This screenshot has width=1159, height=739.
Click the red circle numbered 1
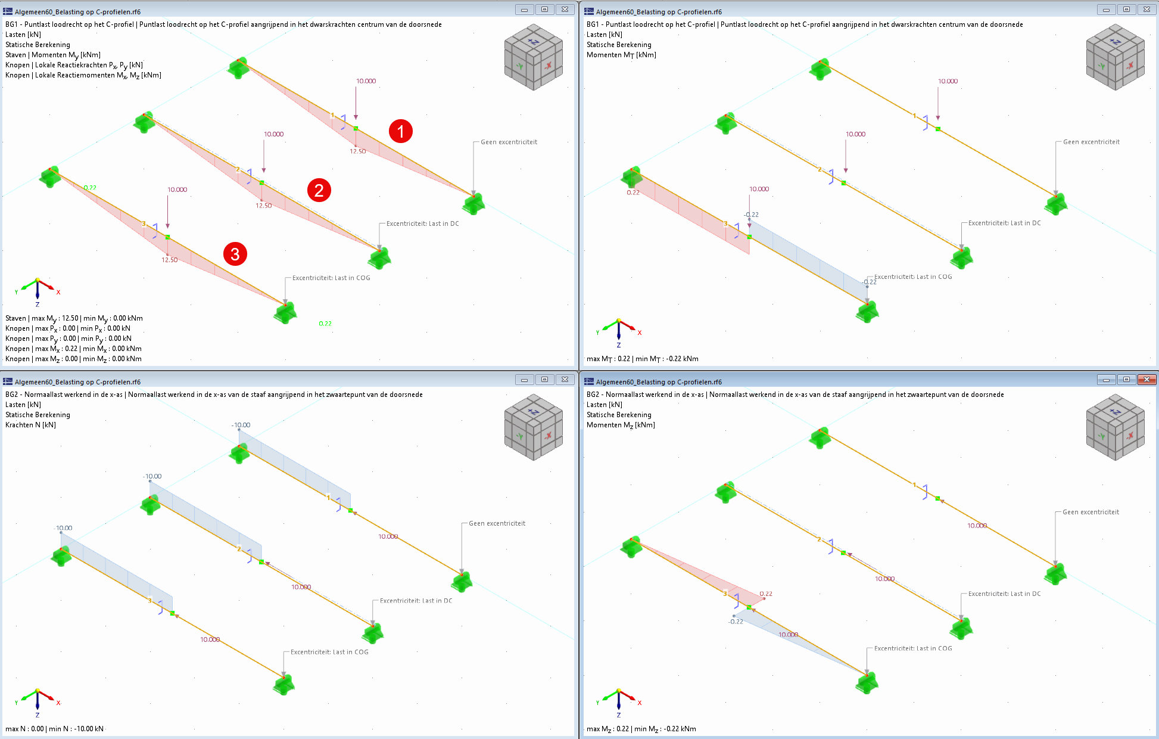401,131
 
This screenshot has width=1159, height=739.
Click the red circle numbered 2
319,190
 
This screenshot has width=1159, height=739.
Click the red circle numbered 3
235,254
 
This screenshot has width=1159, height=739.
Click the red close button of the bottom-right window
1146,380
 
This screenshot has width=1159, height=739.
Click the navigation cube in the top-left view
533,57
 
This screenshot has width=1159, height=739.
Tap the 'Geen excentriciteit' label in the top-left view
509,142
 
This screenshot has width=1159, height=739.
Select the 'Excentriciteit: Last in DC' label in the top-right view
1004,223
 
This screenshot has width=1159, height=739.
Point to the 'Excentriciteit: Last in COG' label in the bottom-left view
329,652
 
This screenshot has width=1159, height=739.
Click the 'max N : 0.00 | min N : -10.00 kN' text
55,729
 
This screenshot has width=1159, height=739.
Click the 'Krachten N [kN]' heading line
31,425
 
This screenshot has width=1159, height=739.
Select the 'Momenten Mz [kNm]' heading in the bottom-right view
621,425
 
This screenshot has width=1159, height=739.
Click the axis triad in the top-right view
619,330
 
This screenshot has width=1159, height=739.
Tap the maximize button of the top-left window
544,10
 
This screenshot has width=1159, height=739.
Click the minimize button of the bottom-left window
524,380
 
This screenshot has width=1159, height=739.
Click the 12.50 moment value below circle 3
170,260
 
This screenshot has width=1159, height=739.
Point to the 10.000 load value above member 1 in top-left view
366,81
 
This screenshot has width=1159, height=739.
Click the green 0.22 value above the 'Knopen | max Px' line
325,324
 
